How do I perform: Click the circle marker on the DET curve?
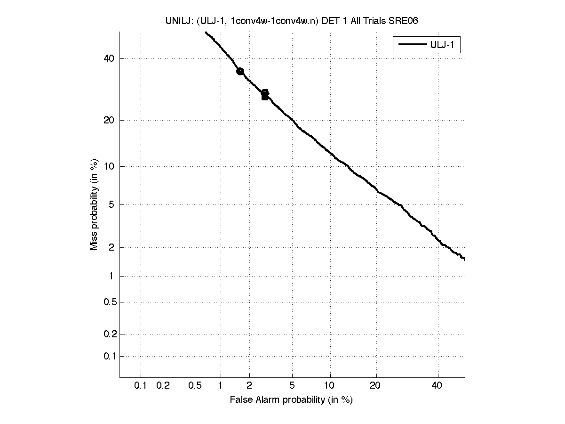coord(240,71)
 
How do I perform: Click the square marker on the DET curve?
coord(265,95)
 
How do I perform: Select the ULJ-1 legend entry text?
coord(444,45)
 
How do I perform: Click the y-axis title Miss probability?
coord(94,204)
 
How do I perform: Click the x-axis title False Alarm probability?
coord(291,400)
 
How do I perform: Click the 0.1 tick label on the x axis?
coord(141,386)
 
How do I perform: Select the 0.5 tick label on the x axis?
coord(195,386)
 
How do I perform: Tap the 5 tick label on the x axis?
coord(292,386)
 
